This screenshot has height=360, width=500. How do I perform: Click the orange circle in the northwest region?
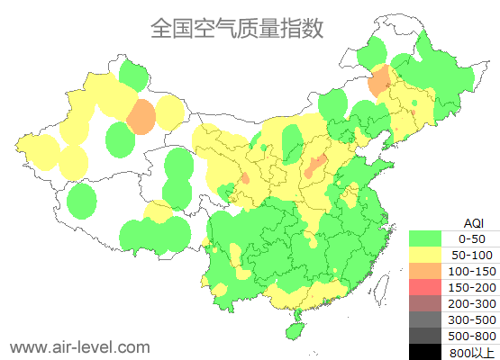pos(141,116)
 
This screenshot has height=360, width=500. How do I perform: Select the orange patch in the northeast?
pos(380,80)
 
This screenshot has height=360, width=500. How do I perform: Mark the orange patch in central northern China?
pos(315,165)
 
